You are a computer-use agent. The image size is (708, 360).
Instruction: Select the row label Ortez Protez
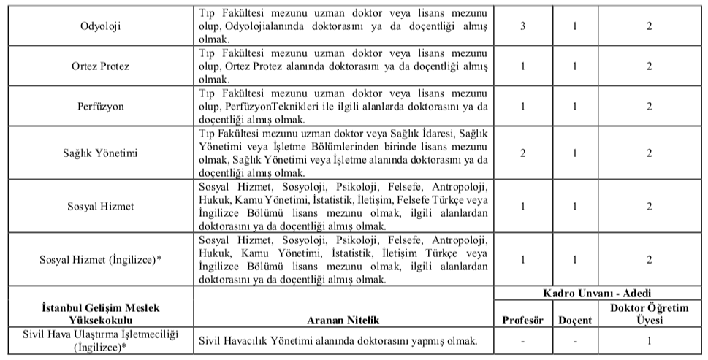click(100, 66)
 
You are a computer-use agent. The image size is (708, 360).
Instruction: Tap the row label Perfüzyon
click(100, 106)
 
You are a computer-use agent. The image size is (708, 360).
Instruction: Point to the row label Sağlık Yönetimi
click(100, 153)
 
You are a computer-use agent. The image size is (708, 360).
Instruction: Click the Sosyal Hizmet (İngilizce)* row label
click(100, 259)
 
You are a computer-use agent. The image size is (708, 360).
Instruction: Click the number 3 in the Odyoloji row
click(523, 26)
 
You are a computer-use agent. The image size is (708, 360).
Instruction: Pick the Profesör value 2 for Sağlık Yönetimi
click(523, 153)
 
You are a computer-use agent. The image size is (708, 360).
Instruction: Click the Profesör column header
click(523, 320)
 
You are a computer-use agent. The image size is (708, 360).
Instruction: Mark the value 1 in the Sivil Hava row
click(650, 340)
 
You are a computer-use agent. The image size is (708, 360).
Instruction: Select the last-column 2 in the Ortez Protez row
click(650, 66)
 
